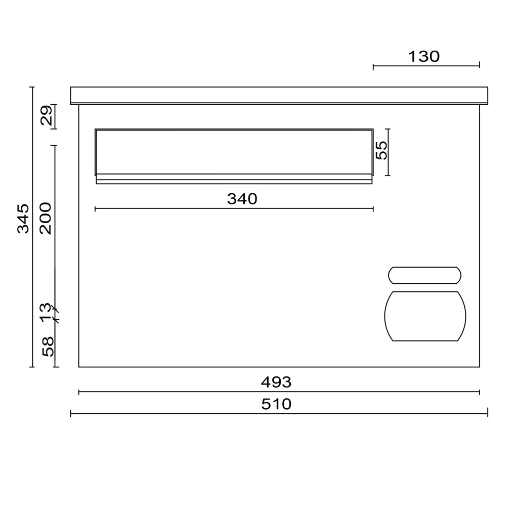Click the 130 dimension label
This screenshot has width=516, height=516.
[424, 57]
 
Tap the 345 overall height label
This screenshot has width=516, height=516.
[23, 219]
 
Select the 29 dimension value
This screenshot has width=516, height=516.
[46, 115]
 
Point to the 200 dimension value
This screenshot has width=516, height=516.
[46, 219]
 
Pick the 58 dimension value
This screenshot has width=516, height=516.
[48, 347]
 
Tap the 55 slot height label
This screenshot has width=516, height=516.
[382, 150]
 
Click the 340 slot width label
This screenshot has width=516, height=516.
[242, 199]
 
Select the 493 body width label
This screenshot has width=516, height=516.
[276, 382]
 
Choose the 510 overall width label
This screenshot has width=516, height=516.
[276, 404]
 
